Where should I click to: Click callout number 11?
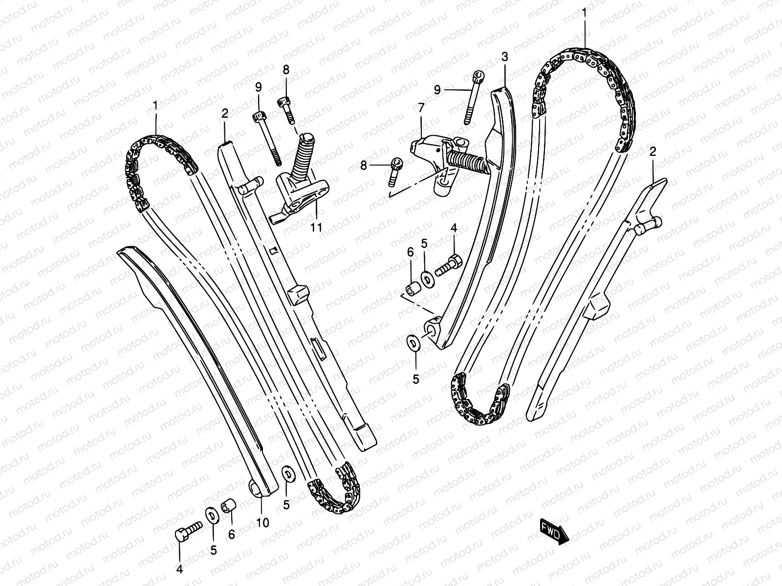pyautogui.click(x=316, y=227)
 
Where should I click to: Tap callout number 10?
pyautogui.click(x=262, y=523)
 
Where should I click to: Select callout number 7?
pyautogui.click(x=421, y=107)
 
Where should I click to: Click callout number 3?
pyautogui.click(x=505, y=57)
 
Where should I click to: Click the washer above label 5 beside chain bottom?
pyautogui.click(x=287, y=474)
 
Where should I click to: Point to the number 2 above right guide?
pyautogui.click(x=652, y=152)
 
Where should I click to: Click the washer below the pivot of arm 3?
pyautogui.click(x=413, y=343)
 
